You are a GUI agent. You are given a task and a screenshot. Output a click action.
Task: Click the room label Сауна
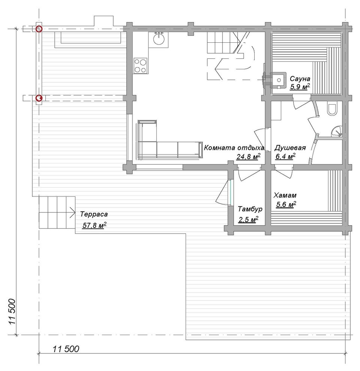(300, 78)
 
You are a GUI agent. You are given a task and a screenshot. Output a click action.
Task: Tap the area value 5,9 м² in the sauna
(300, 87)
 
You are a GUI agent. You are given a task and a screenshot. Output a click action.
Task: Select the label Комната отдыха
(234, 148)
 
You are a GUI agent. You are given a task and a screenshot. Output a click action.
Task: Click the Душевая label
(290, 148)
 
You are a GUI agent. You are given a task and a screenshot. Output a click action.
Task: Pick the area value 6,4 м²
(285, 156)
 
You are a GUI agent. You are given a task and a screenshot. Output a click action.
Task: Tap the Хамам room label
(285, 196)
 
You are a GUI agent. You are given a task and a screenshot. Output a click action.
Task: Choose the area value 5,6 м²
(286, 204)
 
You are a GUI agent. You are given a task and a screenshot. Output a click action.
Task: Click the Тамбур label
(250, 209)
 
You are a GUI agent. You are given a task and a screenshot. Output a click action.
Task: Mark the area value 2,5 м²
(248, 220)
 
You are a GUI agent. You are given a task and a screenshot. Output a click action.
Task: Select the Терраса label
(94, 214)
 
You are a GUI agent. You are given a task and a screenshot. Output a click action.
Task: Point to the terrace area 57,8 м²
(94, 225)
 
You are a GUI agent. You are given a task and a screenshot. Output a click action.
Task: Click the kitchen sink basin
(159, 39)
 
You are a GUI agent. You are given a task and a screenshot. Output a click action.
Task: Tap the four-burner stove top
(141, 66)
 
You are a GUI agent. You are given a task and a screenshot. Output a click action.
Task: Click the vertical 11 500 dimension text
(12, 312)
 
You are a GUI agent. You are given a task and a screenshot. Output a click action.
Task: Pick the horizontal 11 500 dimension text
(66, 349)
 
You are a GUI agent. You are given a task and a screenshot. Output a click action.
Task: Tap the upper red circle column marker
(39, 29)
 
